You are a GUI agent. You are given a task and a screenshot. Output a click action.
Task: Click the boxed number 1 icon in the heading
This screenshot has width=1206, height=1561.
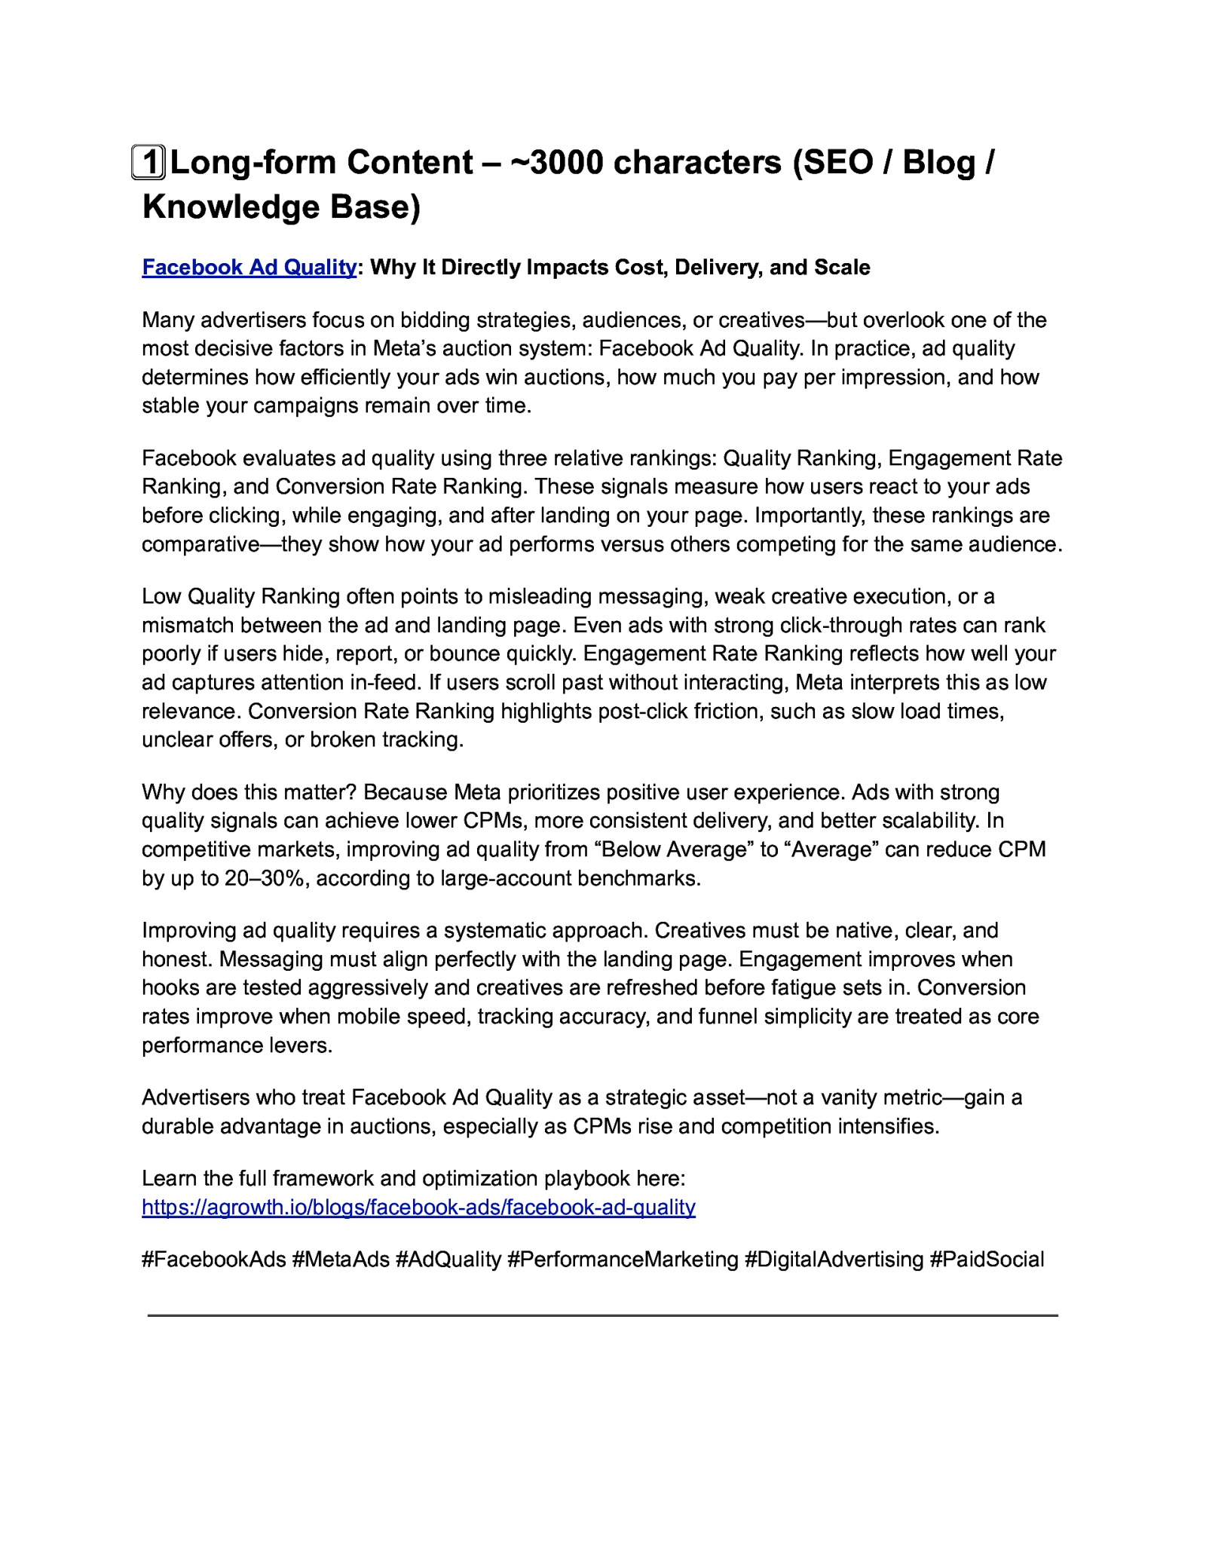[149, 162]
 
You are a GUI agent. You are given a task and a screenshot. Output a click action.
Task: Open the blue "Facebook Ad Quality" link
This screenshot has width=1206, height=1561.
[249, 268]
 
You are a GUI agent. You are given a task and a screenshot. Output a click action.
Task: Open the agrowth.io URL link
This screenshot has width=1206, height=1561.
[418, 1207]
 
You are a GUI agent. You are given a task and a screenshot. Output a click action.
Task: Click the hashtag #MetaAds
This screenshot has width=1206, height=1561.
[341, 1260]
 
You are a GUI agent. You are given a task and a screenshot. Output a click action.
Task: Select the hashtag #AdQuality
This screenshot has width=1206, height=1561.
[448, 1260]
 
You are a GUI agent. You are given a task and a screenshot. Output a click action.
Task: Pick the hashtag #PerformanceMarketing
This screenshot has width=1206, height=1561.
[623, 1260]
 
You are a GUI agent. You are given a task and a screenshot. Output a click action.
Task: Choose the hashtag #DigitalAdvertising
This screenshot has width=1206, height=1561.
[834, 1260]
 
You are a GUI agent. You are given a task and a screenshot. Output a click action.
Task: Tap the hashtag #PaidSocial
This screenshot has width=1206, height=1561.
[987, 1260]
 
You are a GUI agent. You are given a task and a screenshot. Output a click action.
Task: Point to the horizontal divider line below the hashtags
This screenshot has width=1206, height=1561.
[603, 1315]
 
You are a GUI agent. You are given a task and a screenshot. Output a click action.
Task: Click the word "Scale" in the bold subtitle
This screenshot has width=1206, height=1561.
[841, 268]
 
